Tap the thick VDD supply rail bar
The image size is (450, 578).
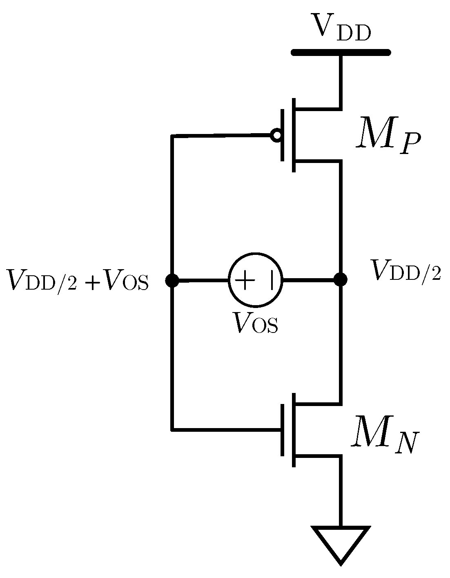point(341,52)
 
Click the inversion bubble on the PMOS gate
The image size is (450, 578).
point(276,135)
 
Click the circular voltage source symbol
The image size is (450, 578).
point(256,281)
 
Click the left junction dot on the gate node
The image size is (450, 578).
point(172,281)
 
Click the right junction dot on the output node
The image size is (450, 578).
point(340,280)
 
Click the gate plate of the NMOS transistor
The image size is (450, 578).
point(282,430)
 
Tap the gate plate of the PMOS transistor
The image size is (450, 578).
point(283,135)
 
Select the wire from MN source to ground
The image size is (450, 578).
point(340,490)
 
